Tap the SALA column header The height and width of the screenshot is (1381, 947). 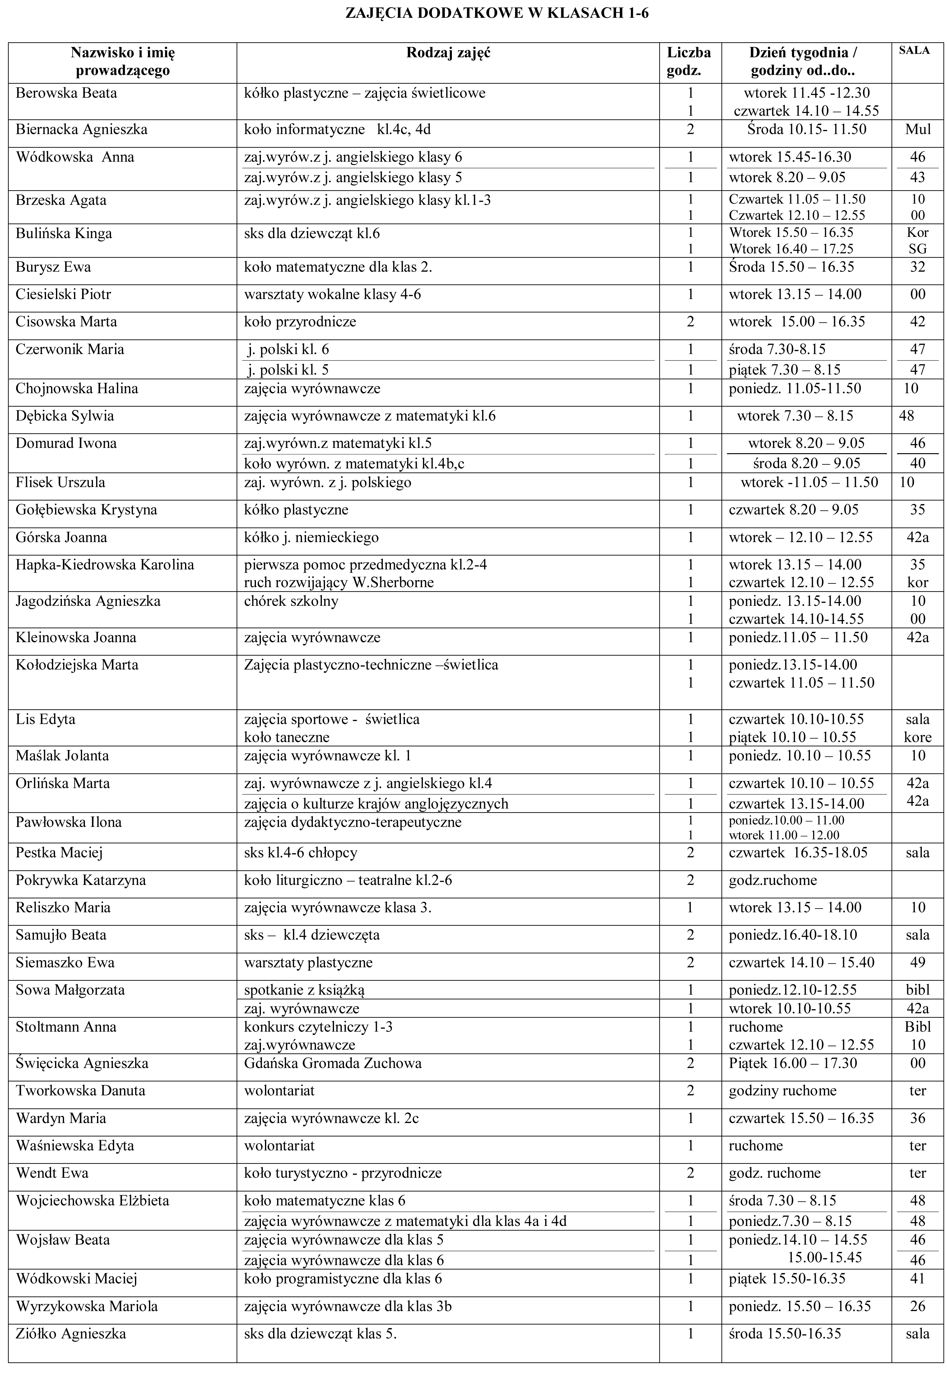coord(914,51)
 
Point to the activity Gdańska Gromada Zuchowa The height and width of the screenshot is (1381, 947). coord(333,1063)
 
